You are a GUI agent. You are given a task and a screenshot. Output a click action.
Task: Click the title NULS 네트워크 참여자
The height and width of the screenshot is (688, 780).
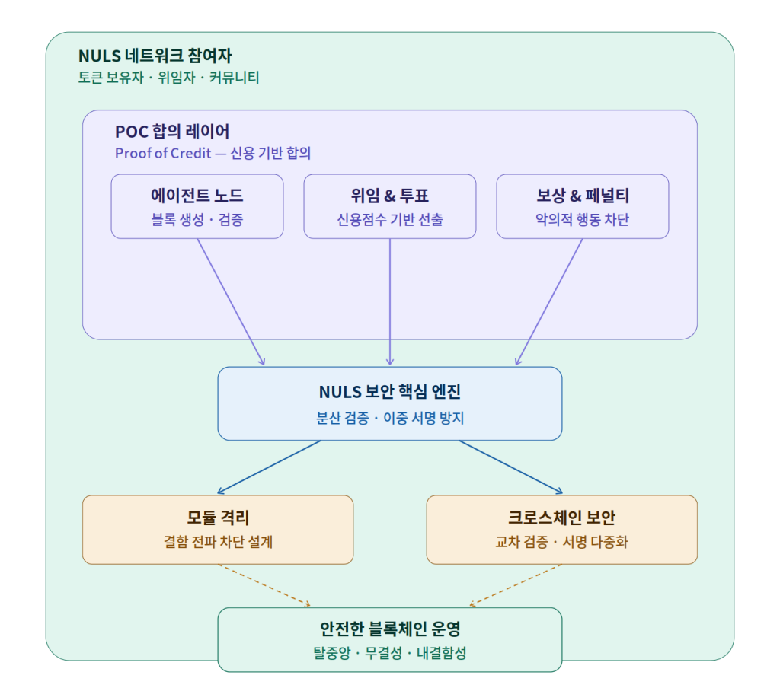tap(155, 56)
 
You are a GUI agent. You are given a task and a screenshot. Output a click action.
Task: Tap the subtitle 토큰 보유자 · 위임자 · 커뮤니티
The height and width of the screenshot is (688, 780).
tap(168, 78)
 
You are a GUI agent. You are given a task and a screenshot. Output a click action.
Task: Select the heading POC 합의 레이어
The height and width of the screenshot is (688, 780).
tap(172, 132)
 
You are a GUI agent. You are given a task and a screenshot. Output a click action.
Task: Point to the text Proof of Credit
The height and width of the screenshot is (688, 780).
tap(162, 153)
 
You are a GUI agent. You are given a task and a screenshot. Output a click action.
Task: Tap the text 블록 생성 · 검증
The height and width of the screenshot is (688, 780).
tap(197, 220)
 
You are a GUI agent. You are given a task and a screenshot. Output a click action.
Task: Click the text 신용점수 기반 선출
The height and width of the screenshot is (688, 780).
tap(390, 220)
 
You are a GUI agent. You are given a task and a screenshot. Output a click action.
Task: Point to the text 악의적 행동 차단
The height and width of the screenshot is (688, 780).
tap(583, 220)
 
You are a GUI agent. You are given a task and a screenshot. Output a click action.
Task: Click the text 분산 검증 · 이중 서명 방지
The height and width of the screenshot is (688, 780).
tap(390, 418)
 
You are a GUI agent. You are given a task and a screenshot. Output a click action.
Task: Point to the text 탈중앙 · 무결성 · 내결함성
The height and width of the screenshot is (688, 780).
tap(390, 653)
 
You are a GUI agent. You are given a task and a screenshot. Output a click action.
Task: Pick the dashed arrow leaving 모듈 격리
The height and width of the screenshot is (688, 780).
tap(264, 585)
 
